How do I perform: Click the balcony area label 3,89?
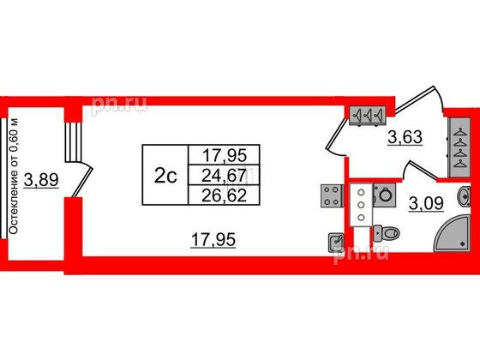coord(41,180)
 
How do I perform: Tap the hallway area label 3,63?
coord(405,137)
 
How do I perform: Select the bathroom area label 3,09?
coord(426,203)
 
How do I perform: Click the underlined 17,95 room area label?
coord(213,239)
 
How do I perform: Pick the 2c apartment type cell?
coord(165,175)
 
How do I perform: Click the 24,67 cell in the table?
coord(224,176)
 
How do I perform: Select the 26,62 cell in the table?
coord(224,195)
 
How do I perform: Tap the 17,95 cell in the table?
coord(224,155)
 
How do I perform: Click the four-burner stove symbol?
coord(331,196)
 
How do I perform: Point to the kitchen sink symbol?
coord(336,243)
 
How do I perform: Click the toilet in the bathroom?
coord(387,233)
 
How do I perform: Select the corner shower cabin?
coord(452,233)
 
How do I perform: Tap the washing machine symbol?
coord(383,195)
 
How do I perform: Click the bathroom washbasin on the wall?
coord(464,196)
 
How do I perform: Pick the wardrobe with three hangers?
coord(368,117)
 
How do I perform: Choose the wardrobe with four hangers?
coord(459,147)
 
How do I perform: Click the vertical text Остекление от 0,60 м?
coord(14,177)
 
